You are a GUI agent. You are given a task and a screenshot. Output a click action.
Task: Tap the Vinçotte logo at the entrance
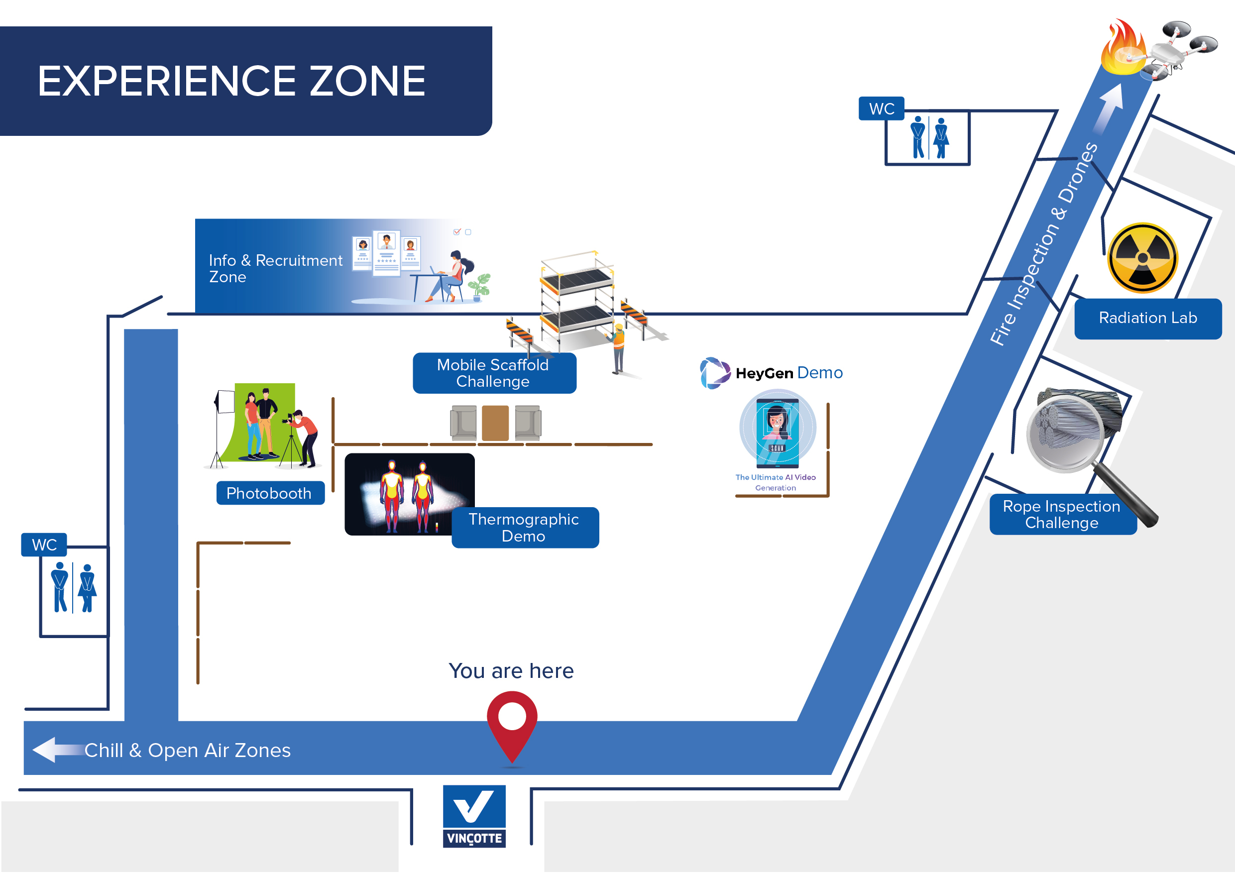pyautogui.click(x=474, y=816)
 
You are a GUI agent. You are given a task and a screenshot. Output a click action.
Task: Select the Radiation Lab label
pyautogui.click(x=1147, y=319)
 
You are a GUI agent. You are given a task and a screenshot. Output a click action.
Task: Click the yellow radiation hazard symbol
pyautogui.click(x=1143, y=258)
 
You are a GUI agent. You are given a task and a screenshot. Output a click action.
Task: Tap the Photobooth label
pyautogui.click(x=270, y=493)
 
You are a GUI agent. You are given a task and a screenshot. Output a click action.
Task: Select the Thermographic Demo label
pyautogui.click(x=525, y=528)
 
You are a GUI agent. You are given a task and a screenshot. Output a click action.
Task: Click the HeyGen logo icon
pyautogui.click(x=714, y=373)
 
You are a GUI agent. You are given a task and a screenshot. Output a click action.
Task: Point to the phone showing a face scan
pyautogui.click(x=777, y=433)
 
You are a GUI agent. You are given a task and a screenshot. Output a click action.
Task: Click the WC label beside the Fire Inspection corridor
pyautogui.click(x=881, y=109)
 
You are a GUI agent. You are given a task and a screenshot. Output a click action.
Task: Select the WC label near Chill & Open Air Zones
pyautogui.click(x=44, y=545)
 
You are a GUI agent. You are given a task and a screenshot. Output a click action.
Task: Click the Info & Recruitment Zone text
pyautogui.click(x=275, y=268)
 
